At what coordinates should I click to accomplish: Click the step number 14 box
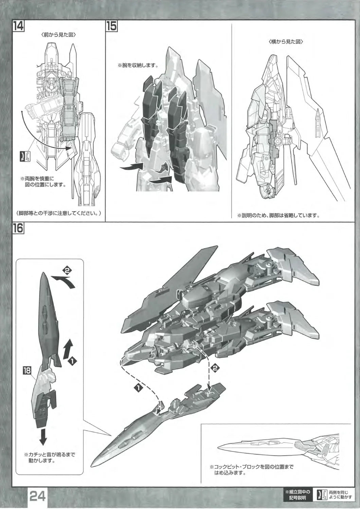(x=18, y=26)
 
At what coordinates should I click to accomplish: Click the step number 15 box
(x=111, y=26)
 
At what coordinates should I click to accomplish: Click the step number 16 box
(x=18, y=228)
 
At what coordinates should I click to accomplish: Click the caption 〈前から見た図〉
(x=59, y=35)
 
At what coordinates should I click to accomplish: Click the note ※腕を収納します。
(x=138, y=65)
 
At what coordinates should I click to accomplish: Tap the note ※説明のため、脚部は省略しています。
(x=278, y=215)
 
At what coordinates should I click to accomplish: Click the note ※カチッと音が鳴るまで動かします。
(x=49, y=458)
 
